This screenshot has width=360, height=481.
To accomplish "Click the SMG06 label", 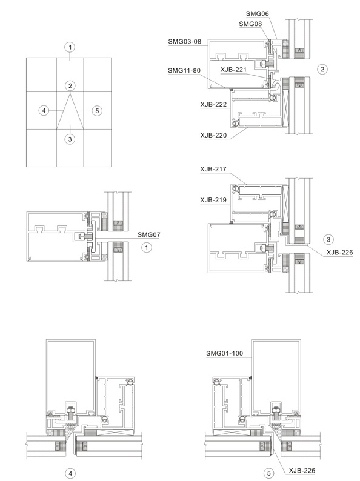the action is point(257,14).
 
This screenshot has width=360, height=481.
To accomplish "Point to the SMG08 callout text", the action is point(250,24).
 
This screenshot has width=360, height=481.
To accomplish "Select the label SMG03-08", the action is point(185,41).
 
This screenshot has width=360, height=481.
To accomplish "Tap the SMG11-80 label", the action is point(184,70).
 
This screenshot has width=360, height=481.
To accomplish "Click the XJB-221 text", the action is point(233,70).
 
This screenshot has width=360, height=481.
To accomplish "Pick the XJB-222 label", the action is point(213,104).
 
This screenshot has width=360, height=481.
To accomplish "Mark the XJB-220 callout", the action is point(213,135).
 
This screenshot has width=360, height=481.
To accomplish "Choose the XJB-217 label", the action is point(213,169).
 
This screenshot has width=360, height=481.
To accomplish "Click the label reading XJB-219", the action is point(213,200).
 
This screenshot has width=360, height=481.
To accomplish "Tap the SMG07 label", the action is point(149,235).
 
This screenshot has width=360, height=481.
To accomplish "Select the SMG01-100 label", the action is point(224,353).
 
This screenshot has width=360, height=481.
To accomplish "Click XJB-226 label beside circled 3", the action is point(340,253).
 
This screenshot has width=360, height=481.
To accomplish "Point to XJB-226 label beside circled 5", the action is point(302,471).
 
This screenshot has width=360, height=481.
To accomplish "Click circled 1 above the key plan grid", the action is point(70,47).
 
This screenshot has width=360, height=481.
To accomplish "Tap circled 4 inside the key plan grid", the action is point(44,110).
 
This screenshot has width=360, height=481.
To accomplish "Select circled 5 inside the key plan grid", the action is point(97,110).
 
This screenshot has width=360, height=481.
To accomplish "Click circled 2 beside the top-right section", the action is point(322,69).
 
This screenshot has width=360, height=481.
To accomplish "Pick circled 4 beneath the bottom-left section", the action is point(70,473).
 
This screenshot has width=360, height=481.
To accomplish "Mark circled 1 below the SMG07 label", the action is point(147,247).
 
